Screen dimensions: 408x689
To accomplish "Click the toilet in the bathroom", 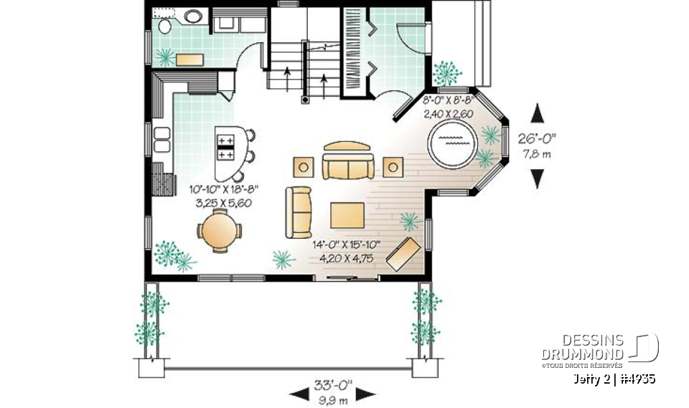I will [164, 27].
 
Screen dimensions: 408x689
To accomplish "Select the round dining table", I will [219, 232].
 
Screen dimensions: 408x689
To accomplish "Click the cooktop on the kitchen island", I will [226, 147].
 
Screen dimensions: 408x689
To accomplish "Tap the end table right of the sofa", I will [393, 167].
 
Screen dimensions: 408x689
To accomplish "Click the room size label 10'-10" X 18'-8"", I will [223, 190].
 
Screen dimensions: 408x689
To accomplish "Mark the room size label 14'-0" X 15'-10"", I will [346, 245].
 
